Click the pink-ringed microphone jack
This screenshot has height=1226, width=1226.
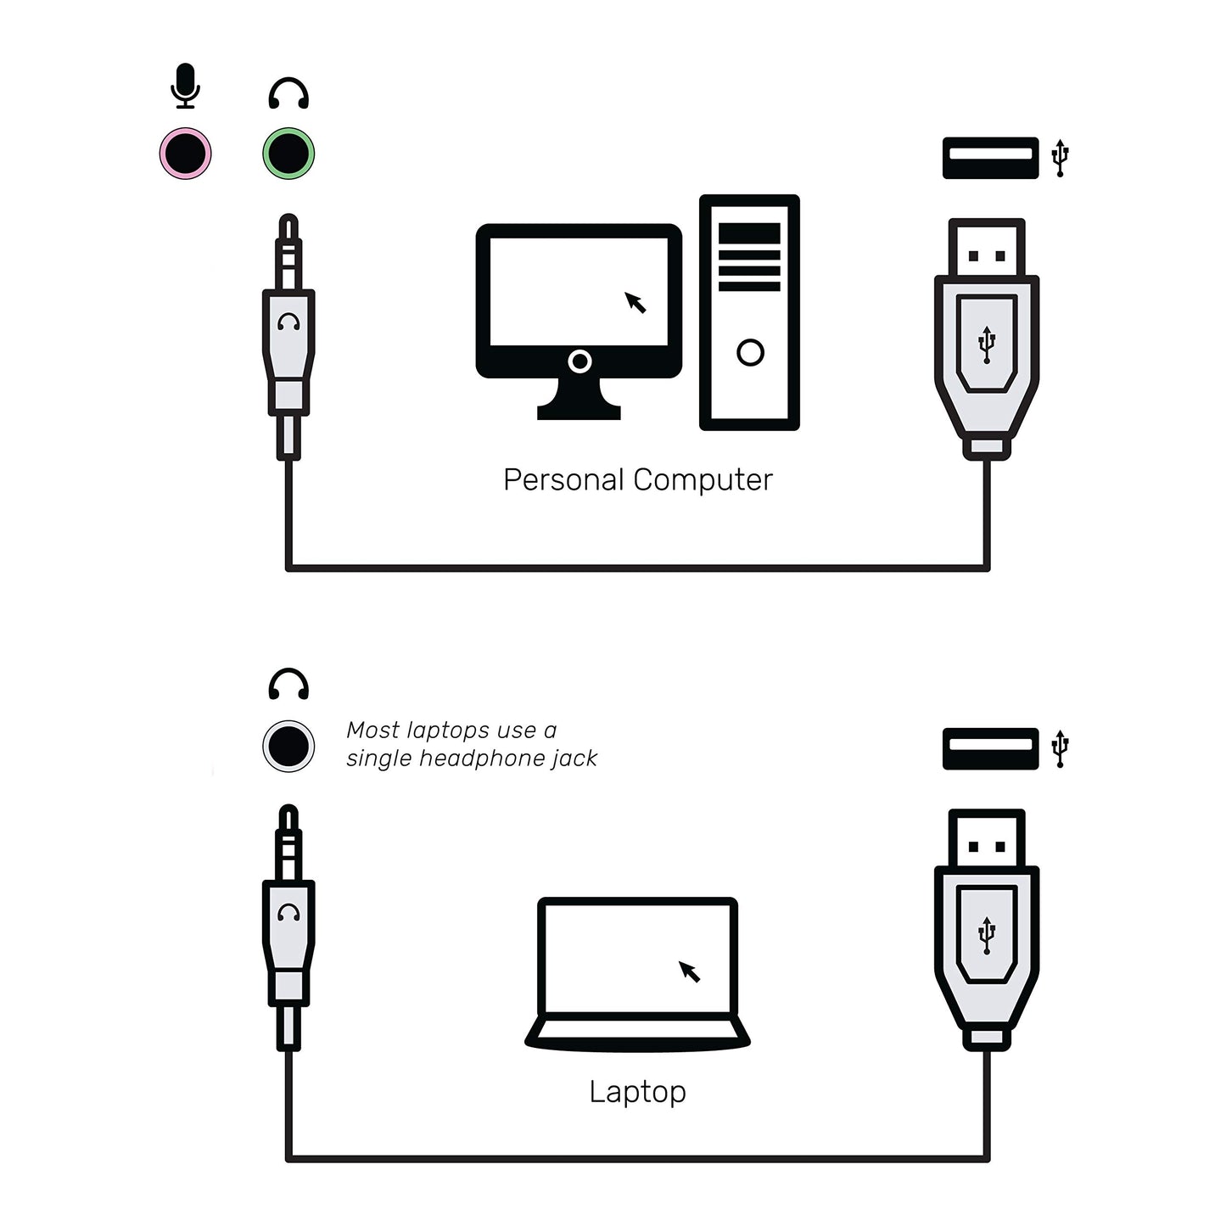185,154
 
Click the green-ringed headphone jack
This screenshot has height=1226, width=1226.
288,154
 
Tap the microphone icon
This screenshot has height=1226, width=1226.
185,86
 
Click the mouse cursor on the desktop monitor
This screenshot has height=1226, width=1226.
635,302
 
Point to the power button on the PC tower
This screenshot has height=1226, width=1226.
750,352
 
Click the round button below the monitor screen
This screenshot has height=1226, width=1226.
579,361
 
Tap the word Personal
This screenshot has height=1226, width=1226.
563,479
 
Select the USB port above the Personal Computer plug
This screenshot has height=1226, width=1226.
991,158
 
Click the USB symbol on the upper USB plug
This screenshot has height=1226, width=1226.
987,344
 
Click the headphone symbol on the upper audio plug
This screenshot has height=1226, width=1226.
288,322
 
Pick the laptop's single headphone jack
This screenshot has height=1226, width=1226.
288,746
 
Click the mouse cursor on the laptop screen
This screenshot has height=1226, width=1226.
689,971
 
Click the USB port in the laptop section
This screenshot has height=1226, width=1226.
991,749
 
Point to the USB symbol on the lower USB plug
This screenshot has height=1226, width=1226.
987,935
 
